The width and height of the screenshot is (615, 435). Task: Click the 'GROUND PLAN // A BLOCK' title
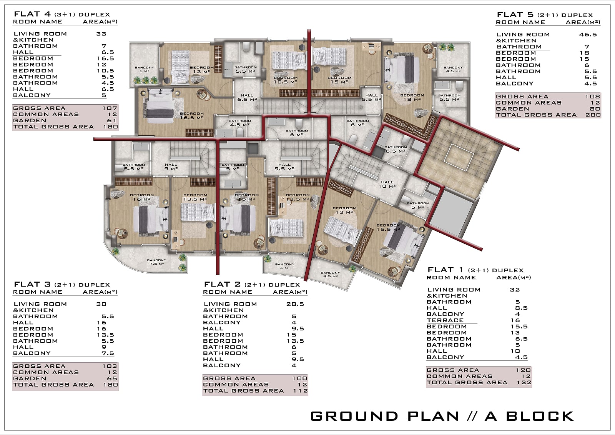pyautogui.click(x=442, y=416)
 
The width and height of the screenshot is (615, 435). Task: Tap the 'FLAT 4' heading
pyautogui.click(x=32, y=14)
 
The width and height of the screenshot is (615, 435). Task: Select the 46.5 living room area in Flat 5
pyautogui.click(x=588, y=34)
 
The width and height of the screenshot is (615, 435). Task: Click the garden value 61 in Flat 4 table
pyautogui.click(x=112, y=120)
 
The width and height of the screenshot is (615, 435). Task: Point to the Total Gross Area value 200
pyautogui.click(x=593, y=115)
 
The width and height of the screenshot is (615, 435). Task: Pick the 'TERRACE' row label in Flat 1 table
pyautogui.click(x=445, y=320)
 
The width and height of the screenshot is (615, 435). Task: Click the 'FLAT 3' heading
pyautogui.click(x=32, y=284)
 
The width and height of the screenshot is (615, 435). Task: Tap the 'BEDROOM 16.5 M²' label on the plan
pyautogui.click(x=192, y=116)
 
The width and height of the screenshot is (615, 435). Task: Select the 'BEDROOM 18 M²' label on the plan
pyautogui.click(x=412, y=97)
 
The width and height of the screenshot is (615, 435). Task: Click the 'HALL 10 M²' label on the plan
pyautogui.click(x=387, y=184)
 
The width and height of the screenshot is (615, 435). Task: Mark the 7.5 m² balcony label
pyautogui.click(x=156, y=262)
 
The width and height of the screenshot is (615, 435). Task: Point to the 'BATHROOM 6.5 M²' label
pyautogui.click(x=396, y=149)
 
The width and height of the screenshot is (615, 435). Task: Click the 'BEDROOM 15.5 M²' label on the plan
pyautogui.click(x=389, y=227)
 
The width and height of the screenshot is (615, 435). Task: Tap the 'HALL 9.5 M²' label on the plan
pyautogui.click(x=284, y=167)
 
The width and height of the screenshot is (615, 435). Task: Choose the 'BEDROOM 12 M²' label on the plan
pyautogui.click(x=202, y=70)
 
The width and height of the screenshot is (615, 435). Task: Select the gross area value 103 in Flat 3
pyautogui.click(x=110, y=366)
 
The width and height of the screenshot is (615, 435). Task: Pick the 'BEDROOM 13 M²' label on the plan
pyautogui.click(x=344, y=210)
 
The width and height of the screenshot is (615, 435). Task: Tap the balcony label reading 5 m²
pyautogui.click(x=145, y=69)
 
